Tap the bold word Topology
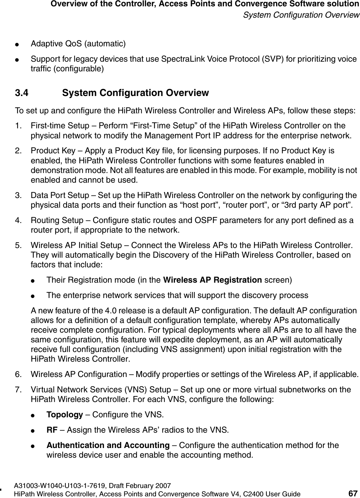click(65, 415)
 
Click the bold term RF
click(52, 430)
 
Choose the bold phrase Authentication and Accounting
click(108, 445)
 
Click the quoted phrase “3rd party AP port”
click(325, 204)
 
